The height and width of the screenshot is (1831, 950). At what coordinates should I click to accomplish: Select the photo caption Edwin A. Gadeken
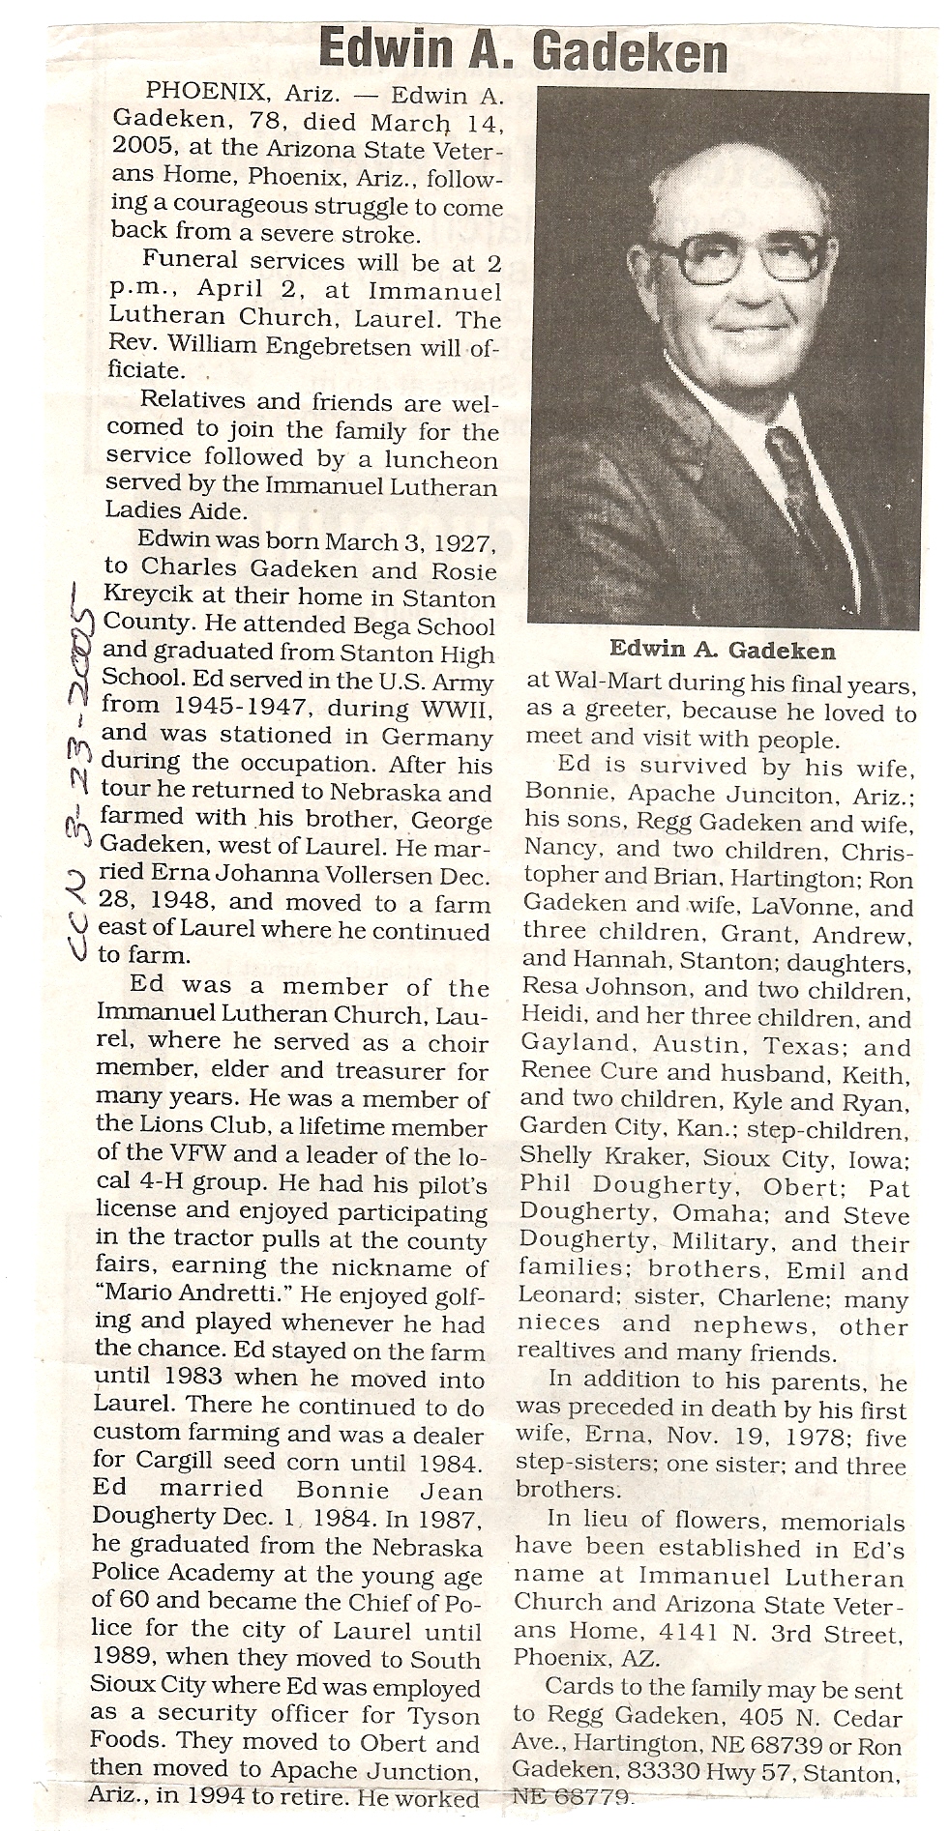(x=722, y=651)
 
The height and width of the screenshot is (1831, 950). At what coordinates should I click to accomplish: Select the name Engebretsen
(x=338, y=343)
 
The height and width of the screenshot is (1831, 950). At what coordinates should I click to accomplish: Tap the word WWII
(x=458, y=709)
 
